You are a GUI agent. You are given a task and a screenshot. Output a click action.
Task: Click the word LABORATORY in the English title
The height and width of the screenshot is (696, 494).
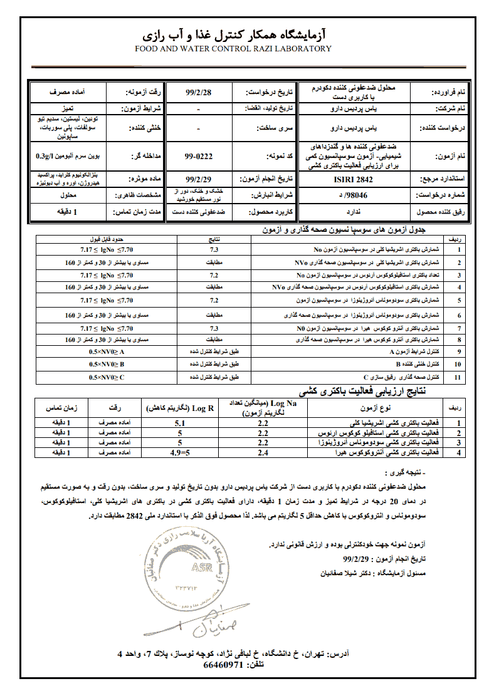[x=300, y=48]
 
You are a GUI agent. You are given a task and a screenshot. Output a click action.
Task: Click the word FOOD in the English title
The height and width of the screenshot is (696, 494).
[x=146, y=48]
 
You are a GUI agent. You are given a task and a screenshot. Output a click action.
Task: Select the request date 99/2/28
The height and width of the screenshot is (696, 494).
[x=200, y=91]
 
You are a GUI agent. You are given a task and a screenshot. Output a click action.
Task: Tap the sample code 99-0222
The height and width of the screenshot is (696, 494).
[x=198, y=154]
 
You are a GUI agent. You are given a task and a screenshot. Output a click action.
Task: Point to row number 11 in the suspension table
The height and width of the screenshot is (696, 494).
[x=458, y=378]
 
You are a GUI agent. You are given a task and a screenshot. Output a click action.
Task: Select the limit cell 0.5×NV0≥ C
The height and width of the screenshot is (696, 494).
[x=107, y=378]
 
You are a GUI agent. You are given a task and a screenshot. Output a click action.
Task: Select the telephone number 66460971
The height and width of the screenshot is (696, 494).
[x=223, y=665]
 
